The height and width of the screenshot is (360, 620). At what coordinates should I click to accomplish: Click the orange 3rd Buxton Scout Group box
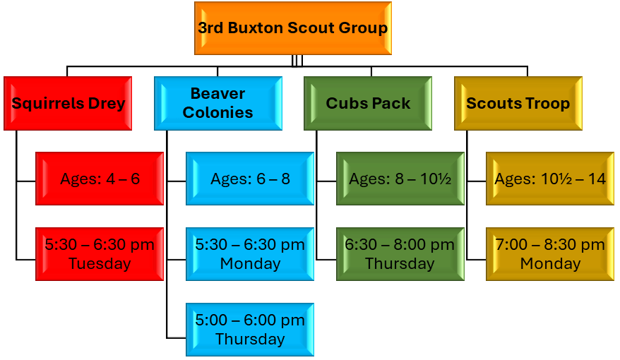tap(293, 28)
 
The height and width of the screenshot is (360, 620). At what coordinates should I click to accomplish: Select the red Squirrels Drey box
tap(68, 103)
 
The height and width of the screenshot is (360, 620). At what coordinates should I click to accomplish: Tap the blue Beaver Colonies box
tap(218, 103)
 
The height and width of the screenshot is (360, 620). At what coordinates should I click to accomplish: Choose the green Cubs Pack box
tap(368, 103)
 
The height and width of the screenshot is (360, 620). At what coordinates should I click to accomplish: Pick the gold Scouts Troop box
tap(518, 103)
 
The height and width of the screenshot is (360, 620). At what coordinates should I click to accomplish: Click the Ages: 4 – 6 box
tap(100, 179)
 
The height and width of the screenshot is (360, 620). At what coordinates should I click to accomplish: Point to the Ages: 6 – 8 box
tap(250, 179)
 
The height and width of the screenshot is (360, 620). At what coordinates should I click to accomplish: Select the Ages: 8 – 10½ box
tap(400, 179)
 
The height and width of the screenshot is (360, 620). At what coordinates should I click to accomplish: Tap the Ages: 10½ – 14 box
tap(550, 179)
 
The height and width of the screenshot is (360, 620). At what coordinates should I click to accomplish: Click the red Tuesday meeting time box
tap(100, 254)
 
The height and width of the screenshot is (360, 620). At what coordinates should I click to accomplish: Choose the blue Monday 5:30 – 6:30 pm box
tap(250, 254)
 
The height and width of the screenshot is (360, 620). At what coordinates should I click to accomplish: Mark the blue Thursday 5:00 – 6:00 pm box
tap(250, 330)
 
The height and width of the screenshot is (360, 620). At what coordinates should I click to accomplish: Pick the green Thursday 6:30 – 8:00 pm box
tap(400, 254)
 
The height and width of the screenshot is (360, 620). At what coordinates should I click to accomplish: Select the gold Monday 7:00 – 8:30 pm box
tap(550, 254)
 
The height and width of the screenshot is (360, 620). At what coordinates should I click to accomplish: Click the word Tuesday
tap(100, 263)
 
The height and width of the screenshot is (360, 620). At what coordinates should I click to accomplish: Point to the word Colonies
tap(218, 113)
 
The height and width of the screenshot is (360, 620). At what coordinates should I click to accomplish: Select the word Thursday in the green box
tap(400, 263)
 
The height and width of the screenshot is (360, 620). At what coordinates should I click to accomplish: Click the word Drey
tap(107, 104)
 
